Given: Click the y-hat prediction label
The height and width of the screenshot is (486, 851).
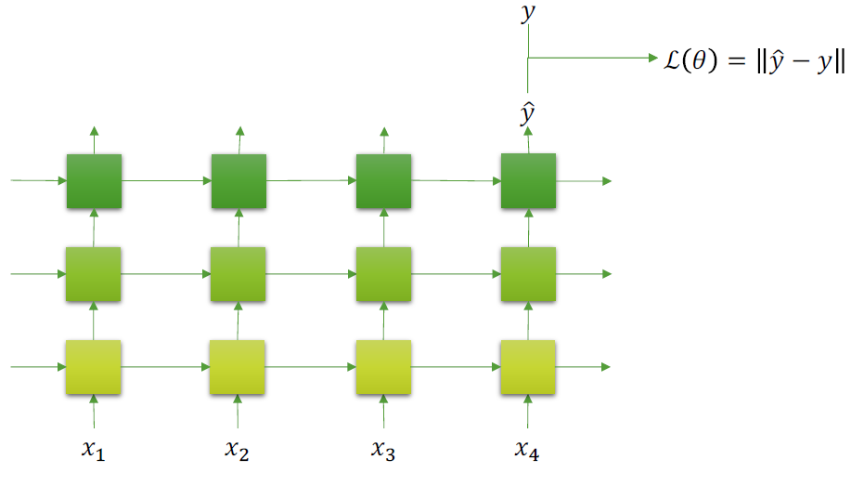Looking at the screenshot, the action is pyautogui.click(x=528, y=114).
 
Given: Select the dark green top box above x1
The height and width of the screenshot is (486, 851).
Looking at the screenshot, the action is pyautogui.click(x=94, y=180).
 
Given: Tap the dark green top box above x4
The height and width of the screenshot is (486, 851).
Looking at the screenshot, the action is pyautogui.click(x=528, y=180).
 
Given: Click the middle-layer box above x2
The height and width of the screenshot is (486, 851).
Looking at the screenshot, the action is pyautogui.click(x=239, y=274).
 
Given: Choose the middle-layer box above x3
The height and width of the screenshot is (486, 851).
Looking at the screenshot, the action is pyautogui.click(x=383, y=274).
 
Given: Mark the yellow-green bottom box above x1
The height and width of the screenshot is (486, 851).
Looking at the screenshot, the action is pyautogui.click(x=94, y=367).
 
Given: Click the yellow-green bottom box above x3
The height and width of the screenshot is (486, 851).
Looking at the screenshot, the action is pyautogui.click(x=383, y=367).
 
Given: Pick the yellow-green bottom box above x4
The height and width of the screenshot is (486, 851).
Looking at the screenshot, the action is pyautogui.click(x=528, y=367).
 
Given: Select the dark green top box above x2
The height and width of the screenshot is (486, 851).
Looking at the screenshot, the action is pyautogui.click(x=239, y=180).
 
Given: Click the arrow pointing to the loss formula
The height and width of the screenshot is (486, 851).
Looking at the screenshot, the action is pyautogui.click(x=594, y=58).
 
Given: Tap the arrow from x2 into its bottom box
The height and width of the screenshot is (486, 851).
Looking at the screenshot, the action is pyautogui.click(x=239, y=412).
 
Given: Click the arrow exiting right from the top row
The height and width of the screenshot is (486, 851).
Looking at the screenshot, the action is pyautogui.click(x=585, y=180).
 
